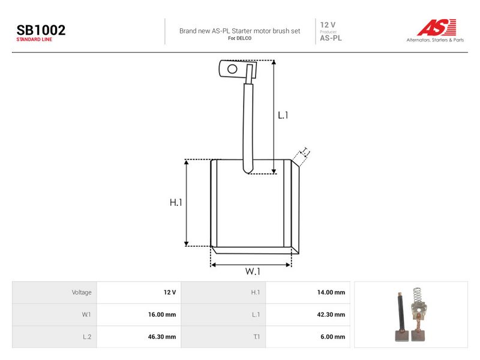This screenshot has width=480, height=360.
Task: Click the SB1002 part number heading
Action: pos(41,30)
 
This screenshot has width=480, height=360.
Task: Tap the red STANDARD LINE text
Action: pos(34,40)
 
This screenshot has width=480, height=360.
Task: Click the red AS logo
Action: pos(437,27)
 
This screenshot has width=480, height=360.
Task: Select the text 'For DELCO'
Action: pos(239,38)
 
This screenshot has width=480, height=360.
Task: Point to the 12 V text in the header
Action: pos(328,25)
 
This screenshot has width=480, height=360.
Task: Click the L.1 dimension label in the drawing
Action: pos(283,115)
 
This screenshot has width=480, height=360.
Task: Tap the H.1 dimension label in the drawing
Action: pos(176,202)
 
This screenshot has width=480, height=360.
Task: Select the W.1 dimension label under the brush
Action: pos(253,271)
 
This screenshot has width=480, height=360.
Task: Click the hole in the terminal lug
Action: pos(232,69)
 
